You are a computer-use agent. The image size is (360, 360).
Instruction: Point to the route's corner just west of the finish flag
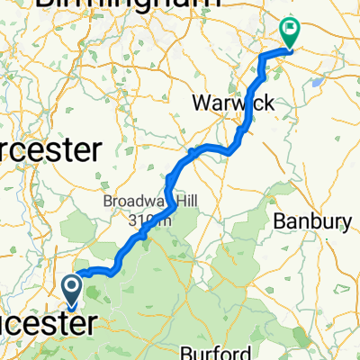pyautogui.click(x=263, y=57)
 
